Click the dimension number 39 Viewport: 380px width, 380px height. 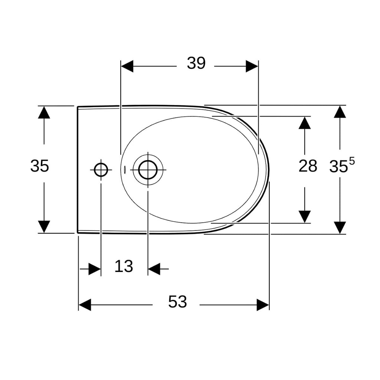196,63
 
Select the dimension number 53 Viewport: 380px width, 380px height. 177,302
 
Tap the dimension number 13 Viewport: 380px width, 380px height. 124,266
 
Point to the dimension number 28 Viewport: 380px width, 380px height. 308,166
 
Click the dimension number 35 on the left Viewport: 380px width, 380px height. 39,166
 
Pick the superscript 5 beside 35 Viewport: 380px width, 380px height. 352,161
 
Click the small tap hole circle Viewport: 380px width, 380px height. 101,170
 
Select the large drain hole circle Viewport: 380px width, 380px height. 148,170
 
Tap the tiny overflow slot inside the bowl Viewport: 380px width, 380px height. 125,169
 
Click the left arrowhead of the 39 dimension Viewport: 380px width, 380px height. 127,66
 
